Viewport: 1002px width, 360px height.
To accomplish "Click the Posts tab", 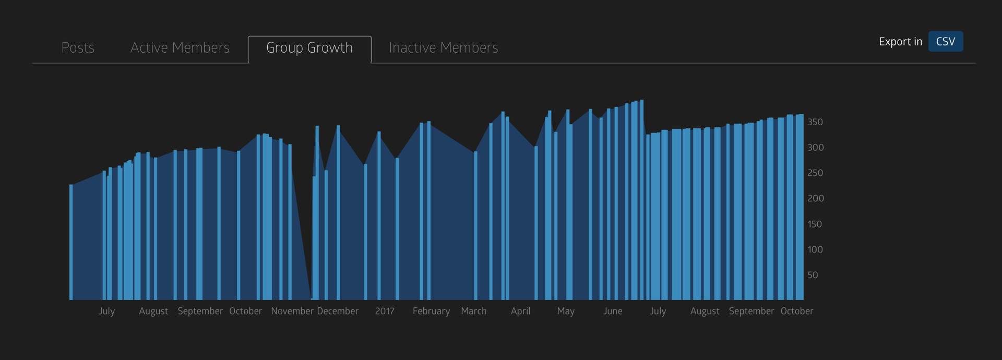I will [x=78, y=47].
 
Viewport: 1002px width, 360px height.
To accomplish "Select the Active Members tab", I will [x=180, y=47].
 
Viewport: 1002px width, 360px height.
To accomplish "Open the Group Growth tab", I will [x=309, y=47].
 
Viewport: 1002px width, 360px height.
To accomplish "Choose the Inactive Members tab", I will [x=443, y=47].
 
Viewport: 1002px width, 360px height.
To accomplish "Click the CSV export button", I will [x=945, y=42].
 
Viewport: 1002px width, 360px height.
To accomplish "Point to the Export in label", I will [x=900, y=42].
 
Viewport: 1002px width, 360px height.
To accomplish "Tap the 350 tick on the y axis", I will [x=815, y=122].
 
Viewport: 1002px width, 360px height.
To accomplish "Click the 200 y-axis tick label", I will [x=815, y=198].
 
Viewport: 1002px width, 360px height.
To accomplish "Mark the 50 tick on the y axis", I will [x=813, y=275].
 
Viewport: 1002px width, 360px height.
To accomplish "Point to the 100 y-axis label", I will [x=815, y=249].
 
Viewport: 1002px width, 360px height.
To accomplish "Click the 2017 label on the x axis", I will [x=385, y=311].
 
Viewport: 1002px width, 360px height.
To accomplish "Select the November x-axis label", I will [x=292, y=311].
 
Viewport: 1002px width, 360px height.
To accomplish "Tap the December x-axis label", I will [x=338, y=311].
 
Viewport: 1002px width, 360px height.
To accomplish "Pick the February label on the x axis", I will [x=431, y=311].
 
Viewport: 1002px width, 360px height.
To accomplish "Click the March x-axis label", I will [x=473, y=311].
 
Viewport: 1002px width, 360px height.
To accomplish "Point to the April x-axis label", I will [x=520, y=311].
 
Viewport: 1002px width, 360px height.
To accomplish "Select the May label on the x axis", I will [x=566, y=311].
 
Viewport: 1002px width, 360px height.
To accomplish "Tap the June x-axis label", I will [x=613, y=311].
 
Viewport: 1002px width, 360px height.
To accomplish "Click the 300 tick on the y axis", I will [x=815, y=148].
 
